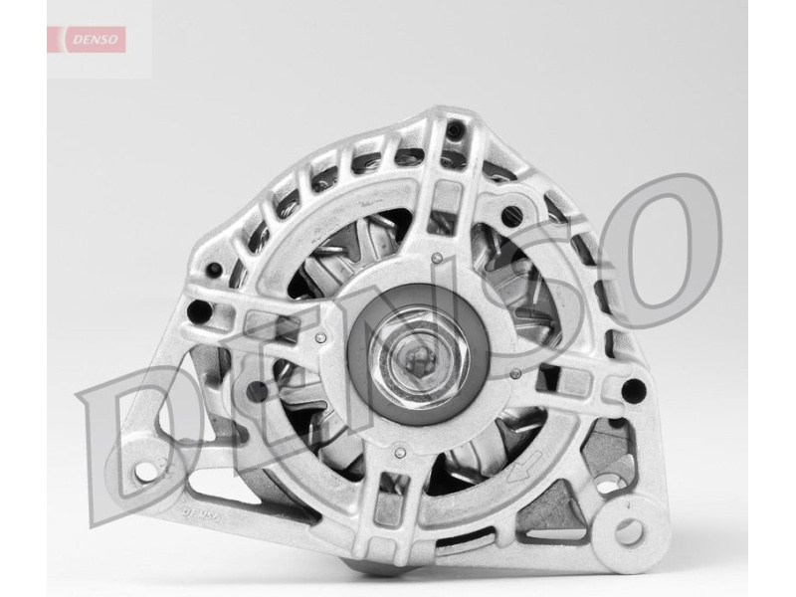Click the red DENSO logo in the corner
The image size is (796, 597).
coord(87,40)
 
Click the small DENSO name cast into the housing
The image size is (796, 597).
coord(201,514)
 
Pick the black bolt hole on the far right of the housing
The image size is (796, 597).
coord(634,390)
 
